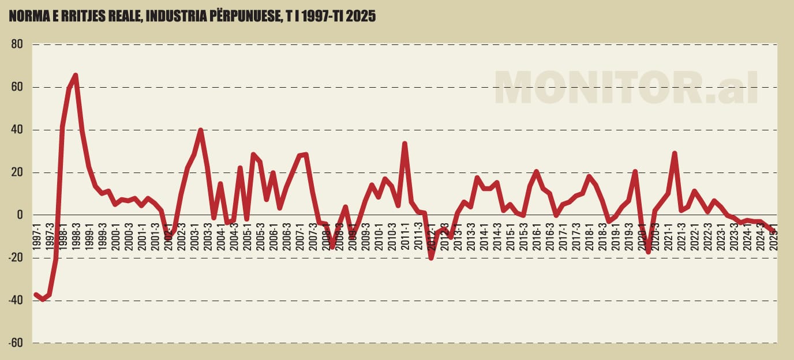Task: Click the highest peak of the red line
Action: click(x=76, y=75)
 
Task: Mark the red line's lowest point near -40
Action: click(x=42, y=299)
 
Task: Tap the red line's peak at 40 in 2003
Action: click(x=200, y=130)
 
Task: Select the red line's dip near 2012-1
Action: click(x=431, y=258)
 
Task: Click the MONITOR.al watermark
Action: click(x=626, y=88)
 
